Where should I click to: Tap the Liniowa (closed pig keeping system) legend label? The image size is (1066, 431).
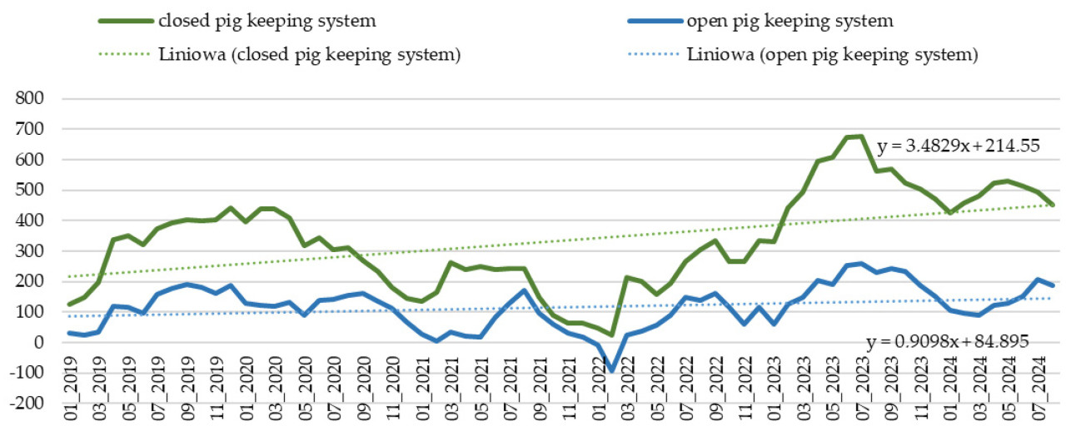[x=309, y=56]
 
